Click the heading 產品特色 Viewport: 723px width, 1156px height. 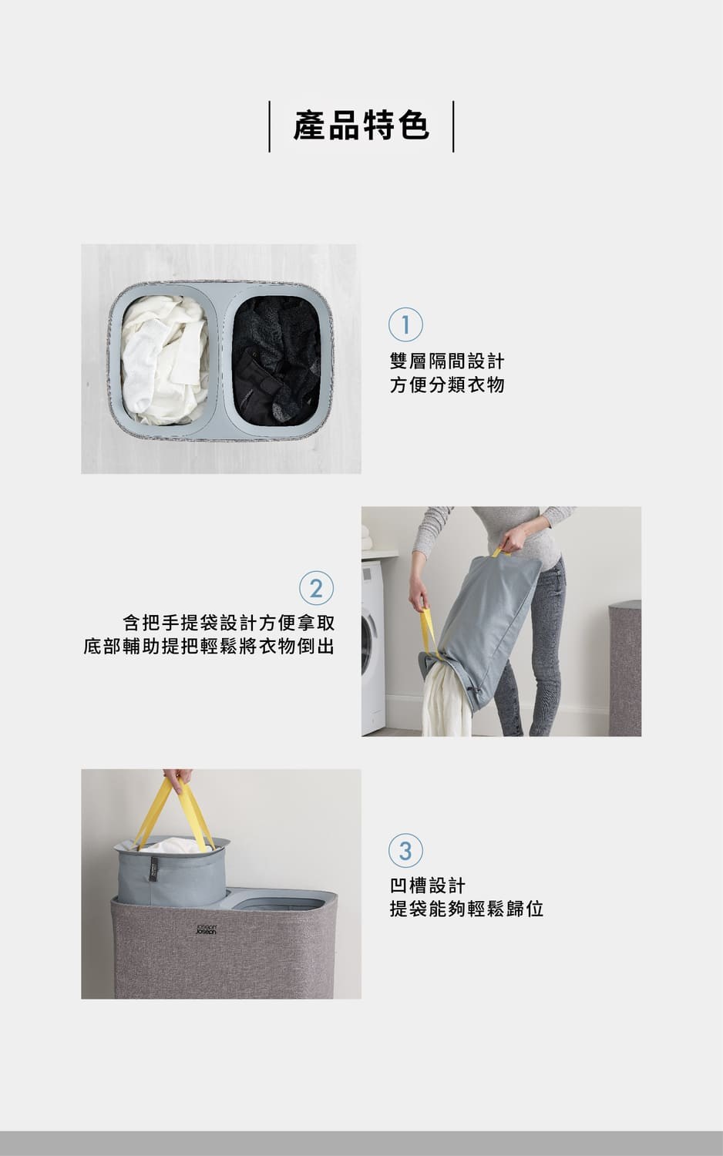click(361, 126)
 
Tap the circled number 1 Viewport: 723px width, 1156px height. click(405, 324)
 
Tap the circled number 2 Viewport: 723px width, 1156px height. click(316, 588)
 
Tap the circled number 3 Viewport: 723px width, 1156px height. click(405, 850)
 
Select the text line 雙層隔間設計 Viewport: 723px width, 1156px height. click(447, 361)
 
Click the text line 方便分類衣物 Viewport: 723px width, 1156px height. click(447, 385)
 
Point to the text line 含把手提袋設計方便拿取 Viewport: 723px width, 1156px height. click(229, 623)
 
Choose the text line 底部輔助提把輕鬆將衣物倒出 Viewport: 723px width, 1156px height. click(209, 646)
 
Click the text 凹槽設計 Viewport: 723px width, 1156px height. click(428, 885)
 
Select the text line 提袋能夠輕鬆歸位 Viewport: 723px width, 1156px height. click(466, 909)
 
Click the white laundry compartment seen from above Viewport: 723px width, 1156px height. click(165, 360)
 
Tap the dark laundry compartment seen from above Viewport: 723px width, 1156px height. click(276, 361)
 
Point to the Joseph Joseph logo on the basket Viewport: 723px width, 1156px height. click(207, 929)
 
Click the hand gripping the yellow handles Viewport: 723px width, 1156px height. click(177, 779)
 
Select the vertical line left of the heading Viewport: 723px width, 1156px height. click(269, 126)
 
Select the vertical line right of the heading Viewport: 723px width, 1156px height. click(454, 126)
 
